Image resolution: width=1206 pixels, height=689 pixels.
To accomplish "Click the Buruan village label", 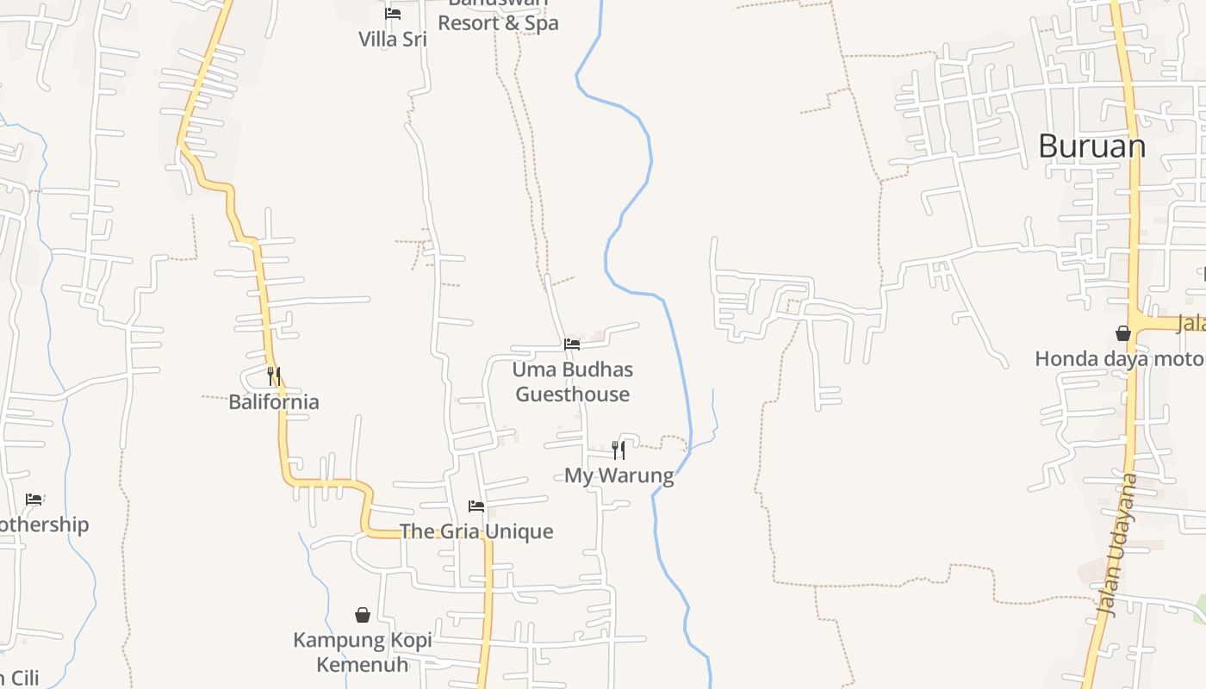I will (x=1091, y=146).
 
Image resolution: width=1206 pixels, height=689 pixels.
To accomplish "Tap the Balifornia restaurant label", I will (x=274, y=402).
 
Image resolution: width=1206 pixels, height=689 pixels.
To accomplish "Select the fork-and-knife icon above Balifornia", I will (x=274, y=376).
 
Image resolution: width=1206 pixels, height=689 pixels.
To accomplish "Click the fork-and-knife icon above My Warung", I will (x=619, y=450).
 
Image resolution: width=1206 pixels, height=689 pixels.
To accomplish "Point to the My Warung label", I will (x=619, y=475).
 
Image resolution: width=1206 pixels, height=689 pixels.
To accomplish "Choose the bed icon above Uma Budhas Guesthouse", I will (x=572, y=344).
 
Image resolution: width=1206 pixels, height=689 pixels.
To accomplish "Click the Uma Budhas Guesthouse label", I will (x=573, y=382).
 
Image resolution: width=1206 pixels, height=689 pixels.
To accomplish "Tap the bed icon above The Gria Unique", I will (x=476, y=506).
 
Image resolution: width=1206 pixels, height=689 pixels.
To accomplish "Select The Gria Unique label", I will (x=476, y=531).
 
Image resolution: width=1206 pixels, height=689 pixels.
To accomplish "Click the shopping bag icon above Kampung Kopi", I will (x=363, y=615).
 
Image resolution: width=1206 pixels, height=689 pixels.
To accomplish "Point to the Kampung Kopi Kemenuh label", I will (x=363, y=652).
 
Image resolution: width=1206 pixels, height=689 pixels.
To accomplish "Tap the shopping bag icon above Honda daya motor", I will (x=1123, y=333).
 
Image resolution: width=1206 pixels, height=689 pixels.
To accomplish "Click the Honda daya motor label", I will (x=1120, y=359).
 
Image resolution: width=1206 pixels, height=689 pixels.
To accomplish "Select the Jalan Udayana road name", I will (x=1117, y=545).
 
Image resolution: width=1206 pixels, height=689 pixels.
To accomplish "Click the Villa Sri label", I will (x=393, y=39).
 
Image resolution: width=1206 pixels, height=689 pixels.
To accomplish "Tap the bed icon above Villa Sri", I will (x=393, y=14).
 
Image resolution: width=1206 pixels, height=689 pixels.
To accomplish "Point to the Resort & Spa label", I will (x=498, y=22).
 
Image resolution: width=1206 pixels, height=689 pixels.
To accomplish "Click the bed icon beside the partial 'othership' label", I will (x=34, y=500).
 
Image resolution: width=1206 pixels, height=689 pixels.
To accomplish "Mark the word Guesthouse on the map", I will (x=573, y=394).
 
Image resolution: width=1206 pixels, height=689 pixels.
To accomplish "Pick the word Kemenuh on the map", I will (x=363, y=665).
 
